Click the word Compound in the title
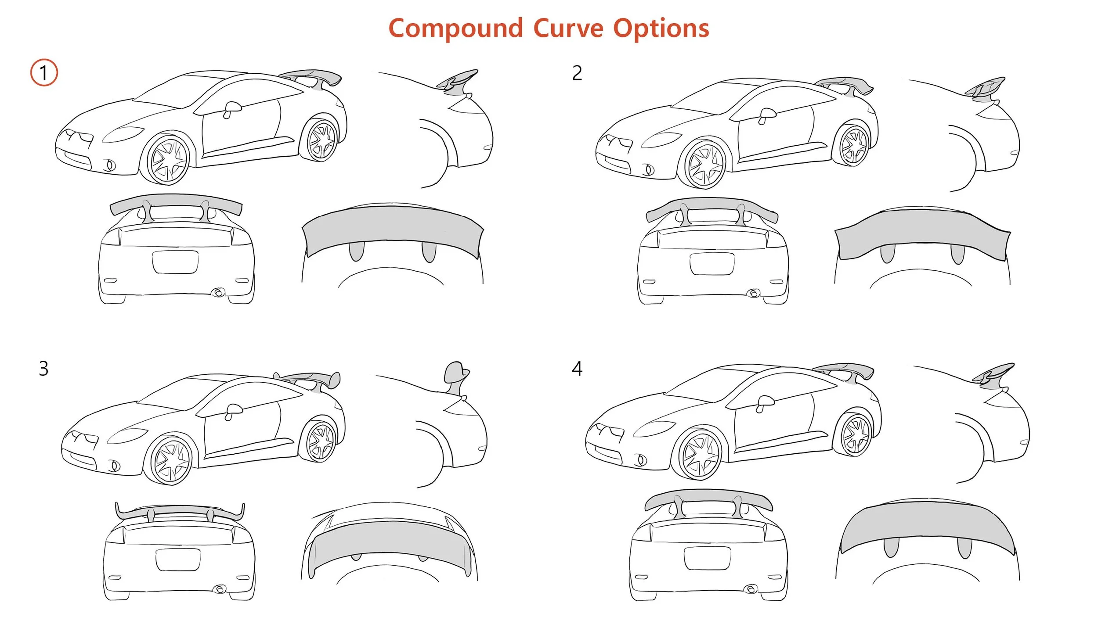[455, 29]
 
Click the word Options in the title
[661, 29]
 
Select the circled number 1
[44, 72]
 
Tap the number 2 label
[577, 73]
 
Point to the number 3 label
[43, 369]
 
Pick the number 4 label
[577, 369]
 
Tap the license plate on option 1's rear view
[175, 262]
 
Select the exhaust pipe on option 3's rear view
[219, 589]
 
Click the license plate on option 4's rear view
[707, 558]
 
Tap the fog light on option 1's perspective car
[111, 165]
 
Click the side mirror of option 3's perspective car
[233, 410]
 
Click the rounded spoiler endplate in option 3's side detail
[455, 372]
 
